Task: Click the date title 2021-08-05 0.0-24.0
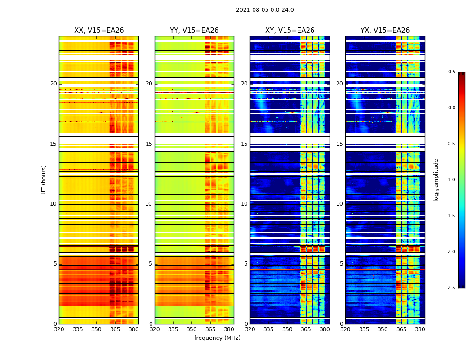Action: (265, 10)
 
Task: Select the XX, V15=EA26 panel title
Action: (99, 31)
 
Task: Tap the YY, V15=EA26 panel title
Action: (194, 31)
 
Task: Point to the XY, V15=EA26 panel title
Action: (289, 31)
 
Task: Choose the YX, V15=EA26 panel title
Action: (385, 31)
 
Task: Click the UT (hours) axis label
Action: (44, 180)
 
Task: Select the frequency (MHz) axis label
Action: (217, 338)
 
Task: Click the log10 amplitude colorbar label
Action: (436, 180)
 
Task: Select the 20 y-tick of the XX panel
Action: (53, 84)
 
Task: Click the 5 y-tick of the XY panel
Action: (246, 264)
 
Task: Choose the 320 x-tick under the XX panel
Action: (59, 329)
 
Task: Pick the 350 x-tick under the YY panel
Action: (192, 329)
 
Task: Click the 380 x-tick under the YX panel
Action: (420, 329)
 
